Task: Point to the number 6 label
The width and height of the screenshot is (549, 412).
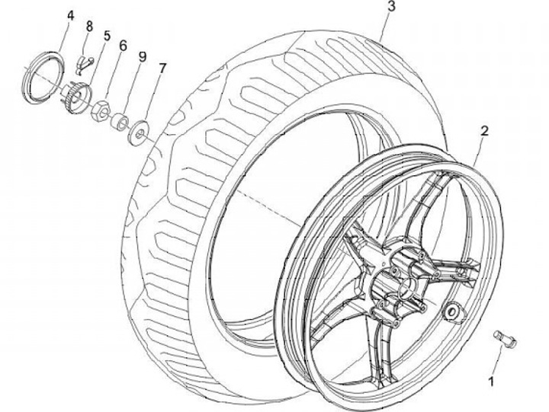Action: click(x=123, y=46)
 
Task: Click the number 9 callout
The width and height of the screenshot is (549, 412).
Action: click(x=143, y=56)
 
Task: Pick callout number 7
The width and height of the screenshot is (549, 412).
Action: click(x=162, y=68)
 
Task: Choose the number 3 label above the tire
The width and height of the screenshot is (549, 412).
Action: click(x=390, y=8)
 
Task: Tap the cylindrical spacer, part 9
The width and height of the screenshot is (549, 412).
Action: click(x=120, y=123)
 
